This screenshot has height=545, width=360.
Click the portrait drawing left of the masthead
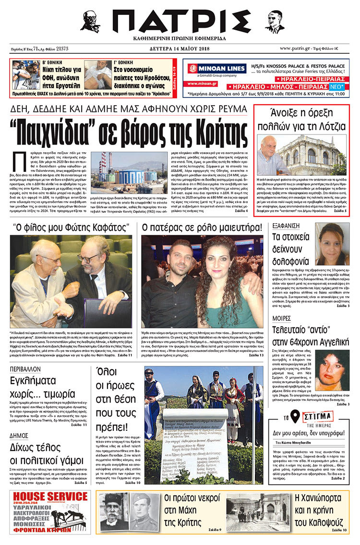coord(90,22)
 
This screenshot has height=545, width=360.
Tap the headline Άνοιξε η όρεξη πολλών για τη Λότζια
coord(301,120)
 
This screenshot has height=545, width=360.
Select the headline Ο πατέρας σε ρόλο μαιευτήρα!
coord(202,227)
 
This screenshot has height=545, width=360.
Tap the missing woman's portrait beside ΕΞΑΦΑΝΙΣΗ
coord(332,243)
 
